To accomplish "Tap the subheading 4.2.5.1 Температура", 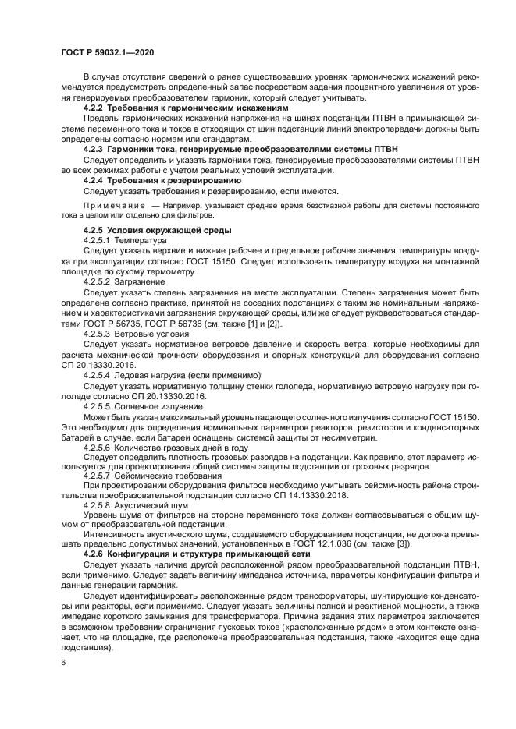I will tap(129, 241).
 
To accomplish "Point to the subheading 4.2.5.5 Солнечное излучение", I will tap(142, 405).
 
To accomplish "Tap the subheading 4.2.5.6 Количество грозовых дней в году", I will tap(166, 448).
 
